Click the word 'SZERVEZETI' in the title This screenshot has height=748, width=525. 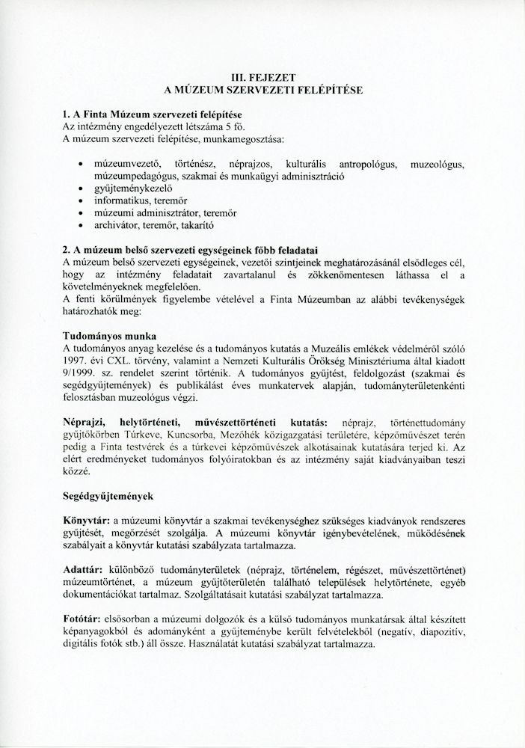[x=260, y=89]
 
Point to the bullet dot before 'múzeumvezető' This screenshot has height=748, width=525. [x=81, y=163]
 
